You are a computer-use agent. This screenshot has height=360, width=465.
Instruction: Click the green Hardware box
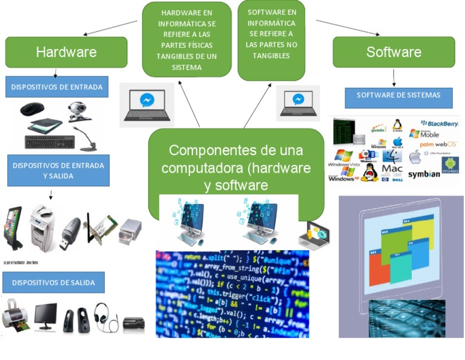[x=66, y=52]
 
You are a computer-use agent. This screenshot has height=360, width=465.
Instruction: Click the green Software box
[x=394, y=52]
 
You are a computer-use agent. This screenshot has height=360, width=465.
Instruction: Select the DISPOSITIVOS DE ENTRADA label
[x=57, y=87]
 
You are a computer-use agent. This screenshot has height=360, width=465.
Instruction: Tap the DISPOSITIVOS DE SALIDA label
[x=53, y=282]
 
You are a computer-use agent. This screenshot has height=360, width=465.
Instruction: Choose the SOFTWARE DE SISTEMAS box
[x=398, y=96]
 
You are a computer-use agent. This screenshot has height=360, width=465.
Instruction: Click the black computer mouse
[x=32, y=109]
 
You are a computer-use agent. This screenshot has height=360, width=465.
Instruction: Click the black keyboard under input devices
[x=51, y=142]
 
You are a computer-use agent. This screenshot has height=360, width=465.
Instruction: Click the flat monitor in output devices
[x=45, y=315]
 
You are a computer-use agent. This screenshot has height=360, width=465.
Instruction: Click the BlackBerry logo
[x=439, y=124]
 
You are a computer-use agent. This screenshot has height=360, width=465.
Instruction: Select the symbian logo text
[x=424, y=175]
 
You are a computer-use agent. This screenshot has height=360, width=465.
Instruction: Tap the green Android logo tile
[x=450, y=165]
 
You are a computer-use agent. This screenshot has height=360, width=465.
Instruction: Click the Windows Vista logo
[x=343, y=159]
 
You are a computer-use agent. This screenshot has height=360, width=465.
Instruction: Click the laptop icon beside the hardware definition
[x=147, y=104]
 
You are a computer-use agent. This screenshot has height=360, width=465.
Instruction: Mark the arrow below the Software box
[x=394, y=77]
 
